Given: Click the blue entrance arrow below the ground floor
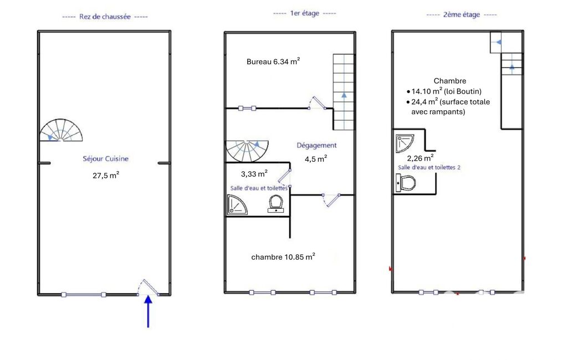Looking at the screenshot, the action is [x=148, y=311].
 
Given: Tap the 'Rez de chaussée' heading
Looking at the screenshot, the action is [x=105, y=17].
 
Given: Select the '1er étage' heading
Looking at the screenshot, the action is [x=305, y=13].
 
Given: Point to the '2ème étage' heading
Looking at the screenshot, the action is [x=462, y=15].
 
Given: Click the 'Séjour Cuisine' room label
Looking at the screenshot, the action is [x=105, y=158].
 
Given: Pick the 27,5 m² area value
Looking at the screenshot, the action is [x=106, y=175].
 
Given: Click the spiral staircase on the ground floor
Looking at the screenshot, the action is [x=61, y=130].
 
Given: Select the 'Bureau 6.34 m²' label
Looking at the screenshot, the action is [x=273, y=61].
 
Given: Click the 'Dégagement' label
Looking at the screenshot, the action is [x=316, y=145].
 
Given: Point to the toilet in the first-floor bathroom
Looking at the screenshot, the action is [x=276, y=204].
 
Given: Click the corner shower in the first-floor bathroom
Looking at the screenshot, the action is [x=237, y=204].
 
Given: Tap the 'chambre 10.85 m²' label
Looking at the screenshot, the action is [x=283, y=257].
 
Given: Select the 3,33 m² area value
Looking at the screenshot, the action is [x=254, y=174].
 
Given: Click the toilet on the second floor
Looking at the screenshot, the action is [x=406, y=183].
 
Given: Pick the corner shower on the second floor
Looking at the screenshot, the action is [x=405, y=143].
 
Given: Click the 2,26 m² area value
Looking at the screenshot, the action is [x=420, y=158].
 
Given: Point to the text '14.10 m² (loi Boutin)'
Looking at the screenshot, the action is [x=446, y=91].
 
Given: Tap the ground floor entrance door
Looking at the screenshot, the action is [x=148, y=287].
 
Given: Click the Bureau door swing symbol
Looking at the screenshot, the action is [x=318, y=102].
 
